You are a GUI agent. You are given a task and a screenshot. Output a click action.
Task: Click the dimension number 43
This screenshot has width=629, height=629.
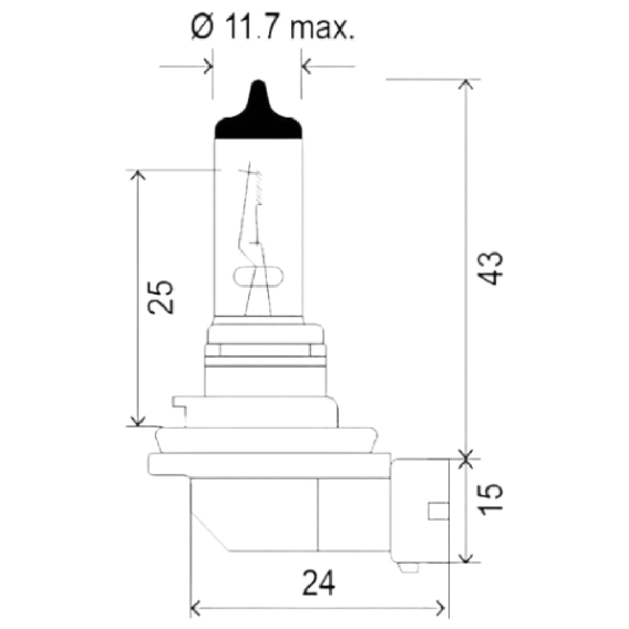(490, 268)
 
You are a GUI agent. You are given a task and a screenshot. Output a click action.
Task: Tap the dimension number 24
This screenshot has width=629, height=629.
(319, 583)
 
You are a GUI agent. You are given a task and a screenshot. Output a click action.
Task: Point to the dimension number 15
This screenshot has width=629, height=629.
(490, 499)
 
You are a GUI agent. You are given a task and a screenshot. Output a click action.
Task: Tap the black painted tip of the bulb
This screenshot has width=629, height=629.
(259, 112)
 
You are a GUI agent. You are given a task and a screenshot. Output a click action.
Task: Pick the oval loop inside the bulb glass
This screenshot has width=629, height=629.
(259, 277)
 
